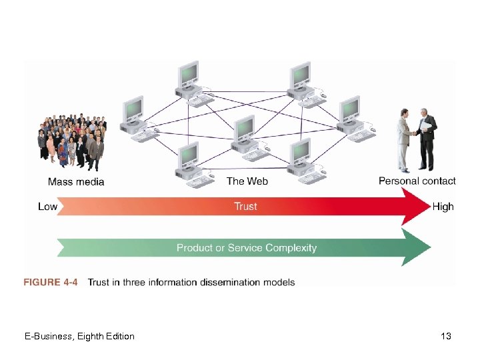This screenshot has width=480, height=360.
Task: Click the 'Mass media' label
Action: tap(76, 181)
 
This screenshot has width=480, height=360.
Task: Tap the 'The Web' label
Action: tap(247, 181)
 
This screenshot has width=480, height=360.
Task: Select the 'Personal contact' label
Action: tap(417, 181)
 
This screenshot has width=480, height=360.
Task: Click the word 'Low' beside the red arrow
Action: tap(47, 207)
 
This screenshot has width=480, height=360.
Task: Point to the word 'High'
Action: tap(443, 207)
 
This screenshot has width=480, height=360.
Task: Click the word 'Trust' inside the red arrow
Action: tap(245, 207)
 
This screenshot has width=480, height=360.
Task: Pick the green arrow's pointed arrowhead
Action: tap(417, 247)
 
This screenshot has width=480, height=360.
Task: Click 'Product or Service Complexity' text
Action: tap(246, 248)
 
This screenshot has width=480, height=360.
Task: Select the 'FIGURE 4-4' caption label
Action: tap(51, 282)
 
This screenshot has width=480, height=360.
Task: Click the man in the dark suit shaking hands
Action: tap(425, 141)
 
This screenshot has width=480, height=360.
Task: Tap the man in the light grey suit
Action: tap(404, 143)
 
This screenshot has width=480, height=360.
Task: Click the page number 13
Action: tap(446, 337)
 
